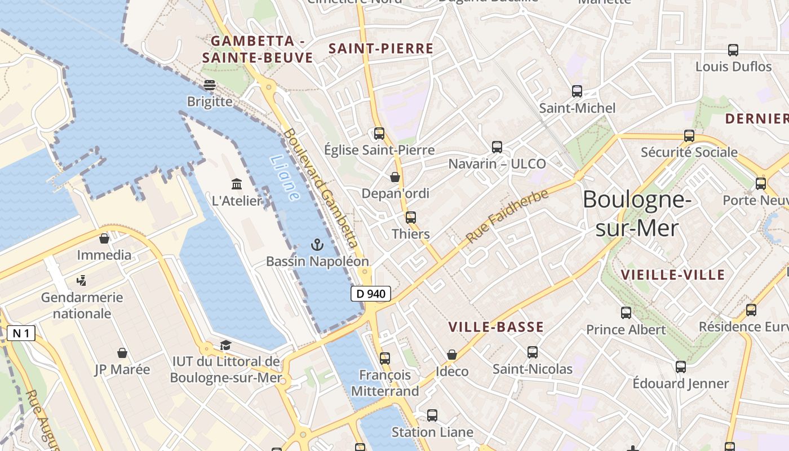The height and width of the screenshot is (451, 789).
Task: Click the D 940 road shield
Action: (371, 294)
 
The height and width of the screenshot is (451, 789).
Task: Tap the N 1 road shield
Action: (21, 333)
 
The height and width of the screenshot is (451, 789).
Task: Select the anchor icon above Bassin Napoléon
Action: (317, 245)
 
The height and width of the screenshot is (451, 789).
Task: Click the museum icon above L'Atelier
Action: (237, 184)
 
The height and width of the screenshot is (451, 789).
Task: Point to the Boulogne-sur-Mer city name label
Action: (637, 214)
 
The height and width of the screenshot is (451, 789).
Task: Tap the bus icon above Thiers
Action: (410, 217)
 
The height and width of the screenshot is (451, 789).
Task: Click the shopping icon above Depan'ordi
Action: (395, 177)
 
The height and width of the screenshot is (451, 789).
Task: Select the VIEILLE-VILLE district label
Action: (672, 275)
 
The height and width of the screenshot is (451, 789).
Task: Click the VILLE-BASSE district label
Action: (496, 327)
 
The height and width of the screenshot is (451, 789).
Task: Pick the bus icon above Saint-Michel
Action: (577, 91)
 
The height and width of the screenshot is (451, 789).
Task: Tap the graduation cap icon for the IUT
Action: (225, 345)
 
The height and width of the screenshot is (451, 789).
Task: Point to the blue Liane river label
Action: (285, 178)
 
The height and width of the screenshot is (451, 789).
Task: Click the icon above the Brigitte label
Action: (210, 85)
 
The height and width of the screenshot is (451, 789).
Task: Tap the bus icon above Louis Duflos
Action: (733, 50)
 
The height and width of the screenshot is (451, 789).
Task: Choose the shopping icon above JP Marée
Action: (122, 353)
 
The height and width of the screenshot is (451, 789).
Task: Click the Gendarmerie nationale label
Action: (82, 305)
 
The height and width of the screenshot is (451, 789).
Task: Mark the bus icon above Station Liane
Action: (432, 415)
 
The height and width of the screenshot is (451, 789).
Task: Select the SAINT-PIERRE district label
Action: (381, 49)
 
